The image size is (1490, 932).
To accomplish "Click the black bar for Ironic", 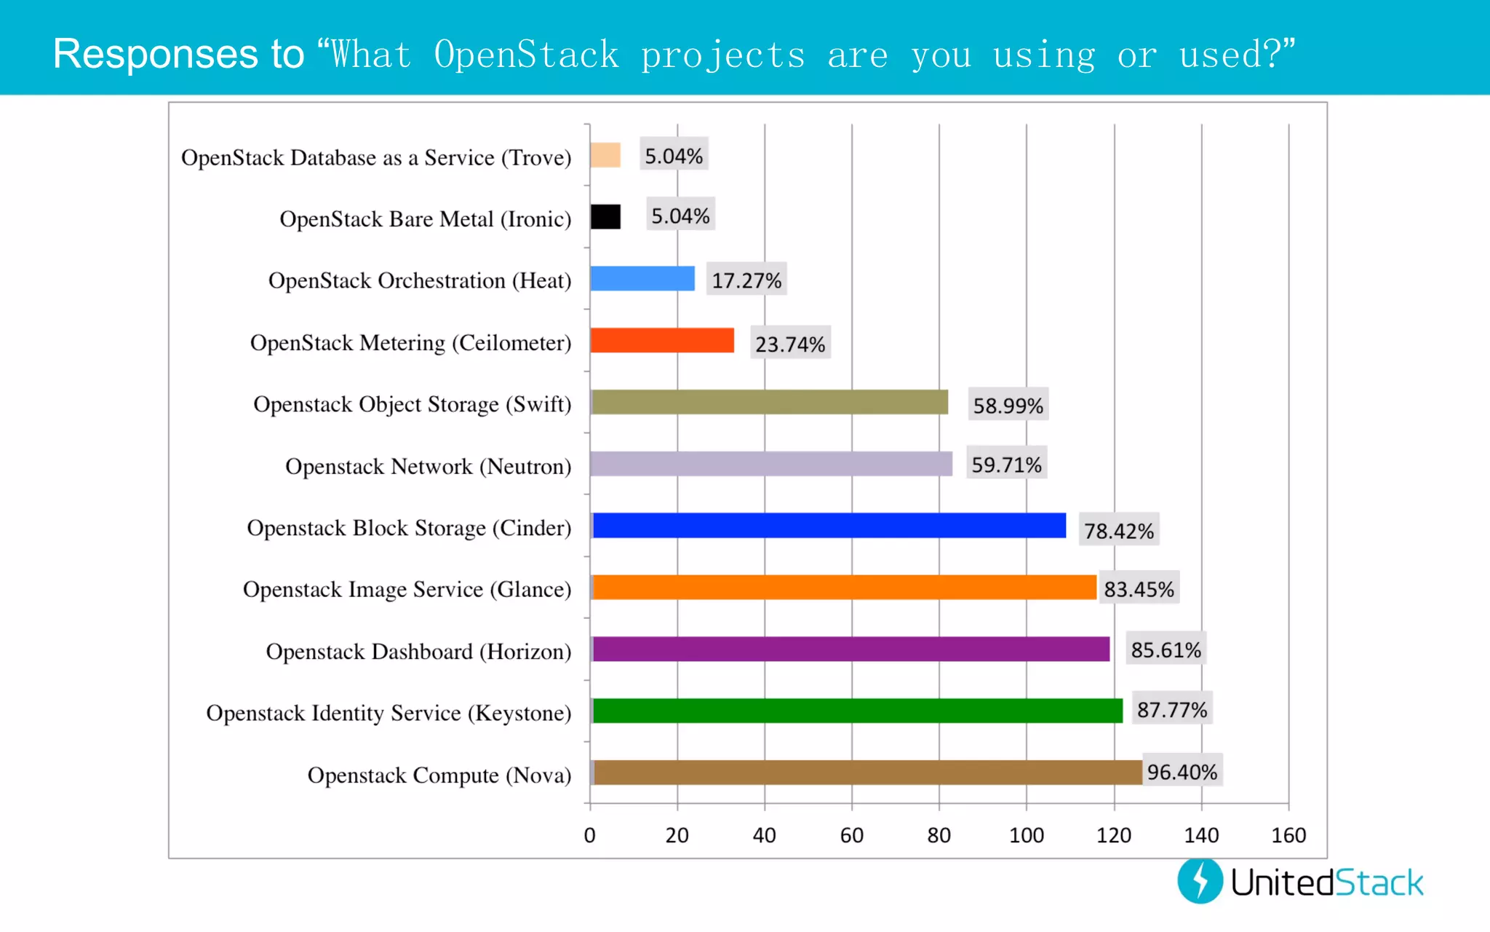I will coord(605,217).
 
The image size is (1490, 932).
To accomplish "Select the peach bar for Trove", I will coord(605,155).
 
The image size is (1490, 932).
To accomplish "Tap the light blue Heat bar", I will coord(642,278).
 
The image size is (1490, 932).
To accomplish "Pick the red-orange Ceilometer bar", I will coord(662,340).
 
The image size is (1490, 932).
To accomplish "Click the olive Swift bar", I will coord(770,402).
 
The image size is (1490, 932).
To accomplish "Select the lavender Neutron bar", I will coord(771,464).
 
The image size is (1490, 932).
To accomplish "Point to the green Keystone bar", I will coord(857,711).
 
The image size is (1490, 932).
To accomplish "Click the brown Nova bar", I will coord(867,773).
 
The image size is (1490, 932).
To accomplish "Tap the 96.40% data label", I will coord(1182,771).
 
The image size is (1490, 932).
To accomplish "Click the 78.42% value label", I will coord(1119,531).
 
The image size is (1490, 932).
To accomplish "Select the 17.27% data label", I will coord(746,280).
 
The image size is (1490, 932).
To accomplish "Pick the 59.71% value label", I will coord(1007,464).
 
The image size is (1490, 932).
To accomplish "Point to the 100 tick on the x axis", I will coord(1027,835).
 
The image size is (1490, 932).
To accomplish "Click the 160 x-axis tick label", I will coord(1288,835).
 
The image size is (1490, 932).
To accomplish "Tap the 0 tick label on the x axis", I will coord(590,835).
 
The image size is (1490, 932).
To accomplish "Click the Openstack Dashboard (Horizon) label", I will coord(418,651).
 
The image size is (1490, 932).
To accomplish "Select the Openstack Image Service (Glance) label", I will coord(407,589).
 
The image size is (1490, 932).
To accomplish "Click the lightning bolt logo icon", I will coord(1200,881).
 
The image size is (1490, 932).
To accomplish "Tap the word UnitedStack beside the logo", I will coord(1327,882).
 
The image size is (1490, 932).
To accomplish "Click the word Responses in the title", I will coord(155,54).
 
